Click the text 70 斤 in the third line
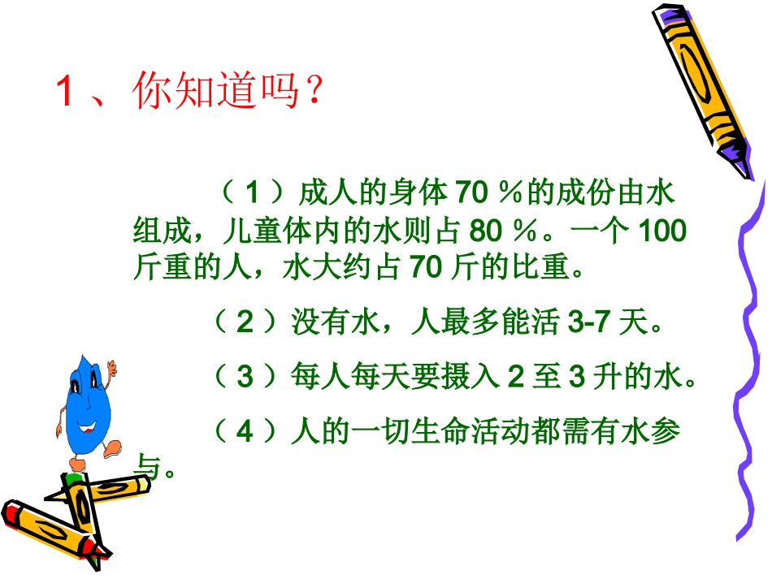pyautogui.click(x=436, y=268)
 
